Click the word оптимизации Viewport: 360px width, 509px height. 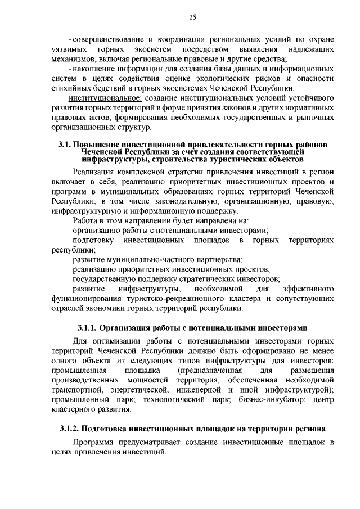(x=117, y=341)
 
